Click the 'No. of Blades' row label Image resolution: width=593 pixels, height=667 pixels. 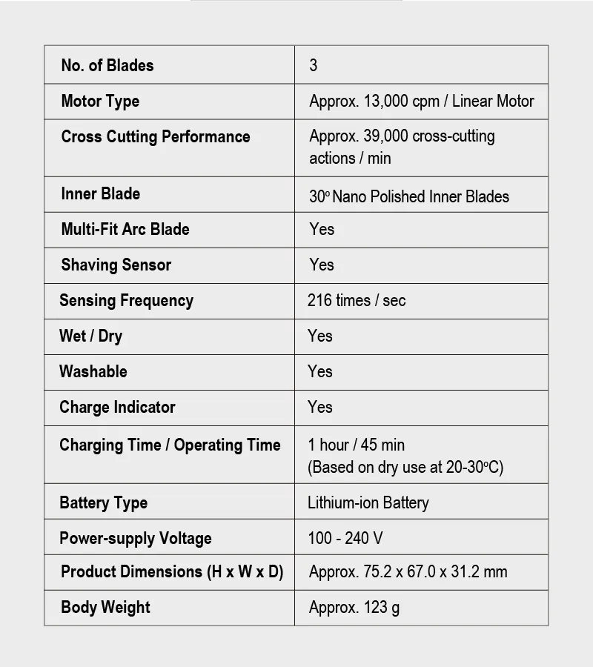coord(107,65)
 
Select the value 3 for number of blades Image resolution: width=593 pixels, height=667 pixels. coord(314,65)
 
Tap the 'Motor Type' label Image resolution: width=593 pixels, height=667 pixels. coord(100,101)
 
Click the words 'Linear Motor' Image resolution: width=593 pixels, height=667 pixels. coord(493,101)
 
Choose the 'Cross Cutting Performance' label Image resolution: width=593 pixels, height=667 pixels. coord(156,136)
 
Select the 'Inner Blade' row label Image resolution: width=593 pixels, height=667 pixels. coord(101,193)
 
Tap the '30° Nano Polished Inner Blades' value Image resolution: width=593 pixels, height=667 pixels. coord(409,196)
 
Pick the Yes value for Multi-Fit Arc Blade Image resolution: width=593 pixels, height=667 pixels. coord(322,229)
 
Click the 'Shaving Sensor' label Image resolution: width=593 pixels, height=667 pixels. coord(116,265)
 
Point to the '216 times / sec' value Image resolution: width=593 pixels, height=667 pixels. coord(357,300)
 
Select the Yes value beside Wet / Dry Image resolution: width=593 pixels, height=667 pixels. coord(320,336)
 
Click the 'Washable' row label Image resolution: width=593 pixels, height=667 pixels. coord(93,371)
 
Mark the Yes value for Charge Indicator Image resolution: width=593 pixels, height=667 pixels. coord(320,407)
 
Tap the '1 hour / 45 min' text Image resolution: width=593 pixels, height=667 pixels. coord(357,445)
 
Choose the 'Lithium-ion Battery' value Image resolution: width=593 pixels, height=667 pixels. coord(368,502)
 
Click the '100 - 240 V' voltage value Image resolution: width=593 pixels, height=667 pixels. coord(345,538)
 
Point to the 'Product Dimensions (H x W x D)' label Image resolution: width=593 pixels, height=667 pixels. coord(172,571)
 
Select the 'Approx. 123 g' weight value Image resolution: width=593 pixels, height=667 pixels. coord(354,608)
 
